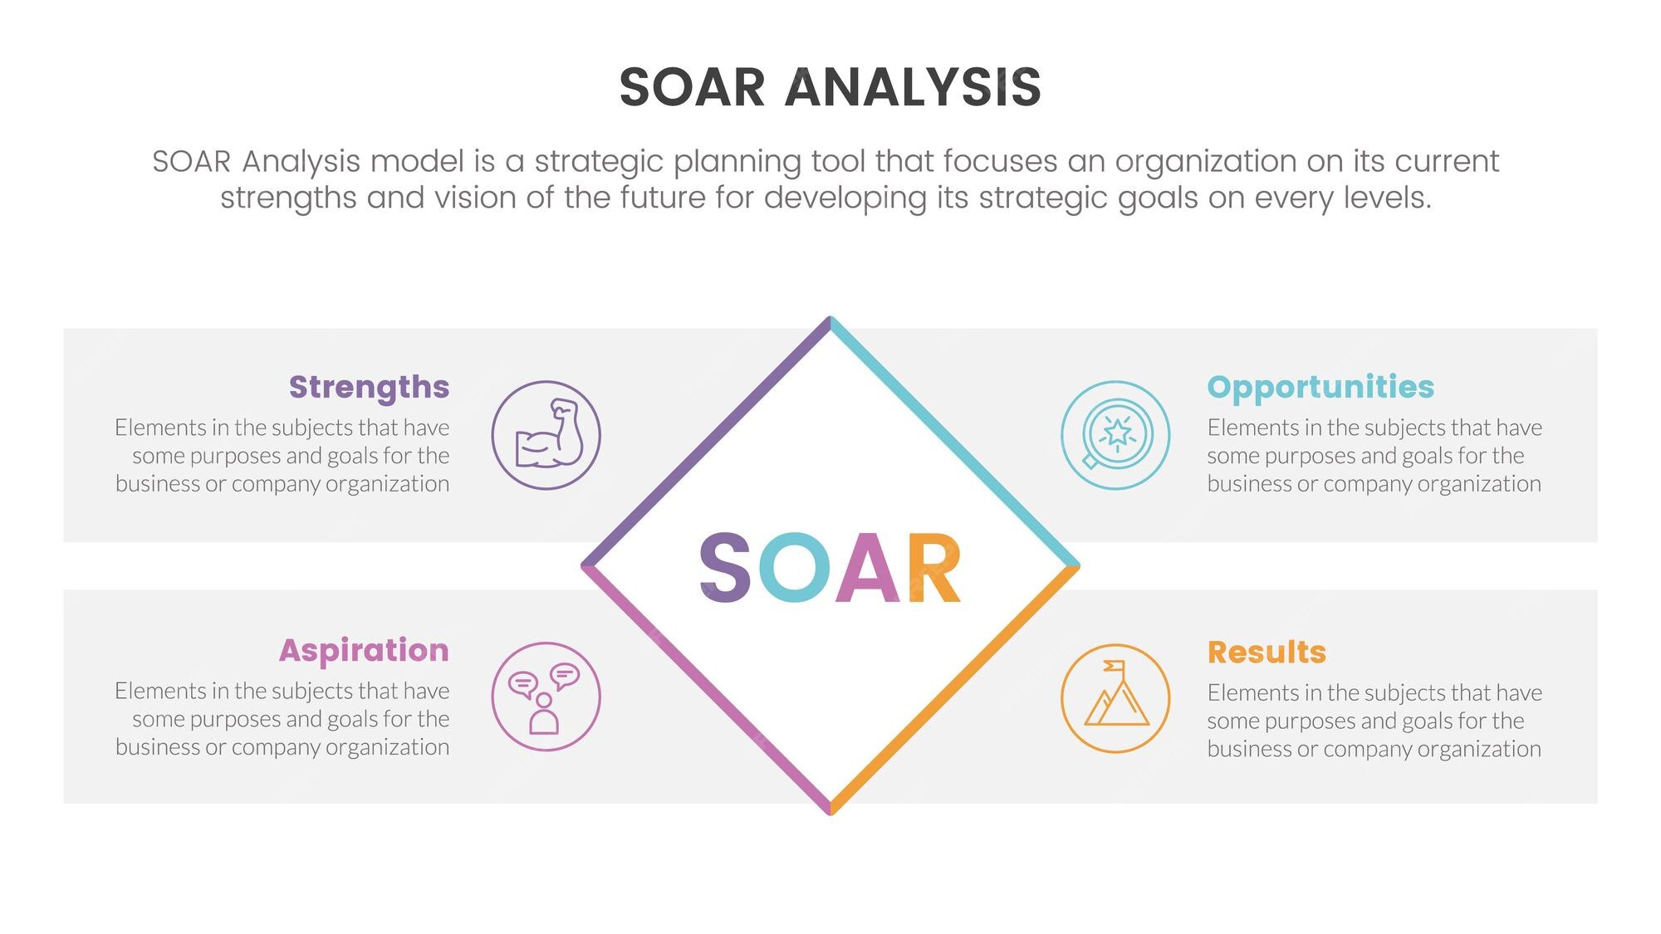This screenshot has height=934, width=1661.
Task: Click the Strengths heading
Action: point(369,388)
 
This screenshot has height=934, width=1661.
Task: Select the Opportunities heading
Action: point(1320,388)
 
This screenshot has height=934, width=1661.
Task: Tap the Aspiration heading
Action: point(364,650)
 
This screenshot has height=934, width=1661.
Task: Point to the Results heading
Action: point(1267,652)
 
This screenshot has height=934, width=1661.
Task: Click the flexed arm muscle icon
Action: point(546,435)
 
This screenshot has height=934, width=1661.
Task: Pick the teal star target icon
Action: point(1115,435)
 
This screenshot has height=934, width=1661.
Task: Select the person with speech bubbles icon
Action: point(546,697)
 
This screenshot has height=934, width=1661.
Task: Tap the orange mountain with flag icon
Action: point(1115,698)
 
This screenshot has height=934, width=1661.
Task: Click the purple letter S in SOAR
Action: point(725,567)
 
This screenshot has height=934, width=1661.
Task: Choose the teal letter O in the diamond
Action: point(794,567)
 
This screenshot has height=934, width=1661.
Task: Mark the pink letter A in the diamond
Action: point(868,567)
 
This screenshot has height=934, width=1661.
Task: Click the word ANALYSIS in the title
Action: point(913,87)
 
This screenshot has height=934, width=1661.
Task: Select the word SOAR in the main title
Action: point(692,87)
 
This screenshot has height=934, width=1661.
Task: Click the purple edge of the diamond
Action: point(706,442)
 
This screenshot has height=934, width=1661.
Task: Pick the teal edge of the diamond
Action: point(955,442)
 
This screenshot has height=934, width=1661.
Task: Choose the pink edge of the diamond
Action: point(706,691)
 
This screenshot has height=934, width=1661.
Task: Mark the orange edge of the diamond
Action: point(955,691)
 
